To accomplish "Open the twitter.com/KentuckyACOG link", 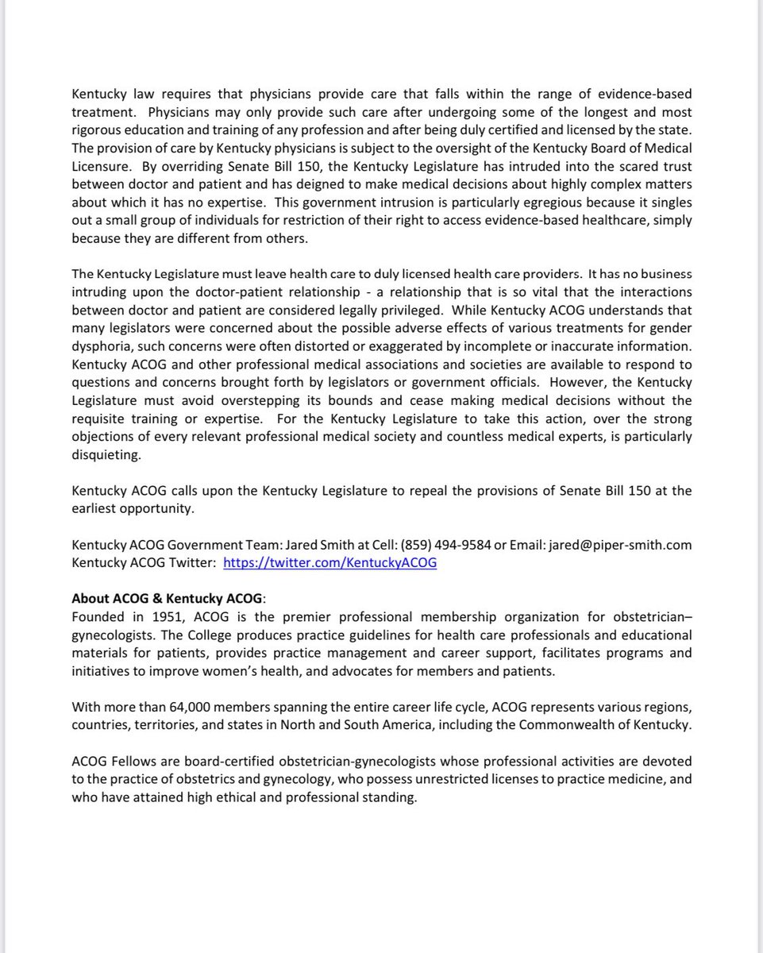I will [x=329, y=562].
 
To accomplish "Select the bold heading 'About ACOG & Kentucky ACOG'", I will [x=169, y=599].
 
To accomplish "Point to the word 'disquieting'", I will [x=104, y=455].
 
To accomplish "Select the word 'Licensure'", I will [x=100, y=167].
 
